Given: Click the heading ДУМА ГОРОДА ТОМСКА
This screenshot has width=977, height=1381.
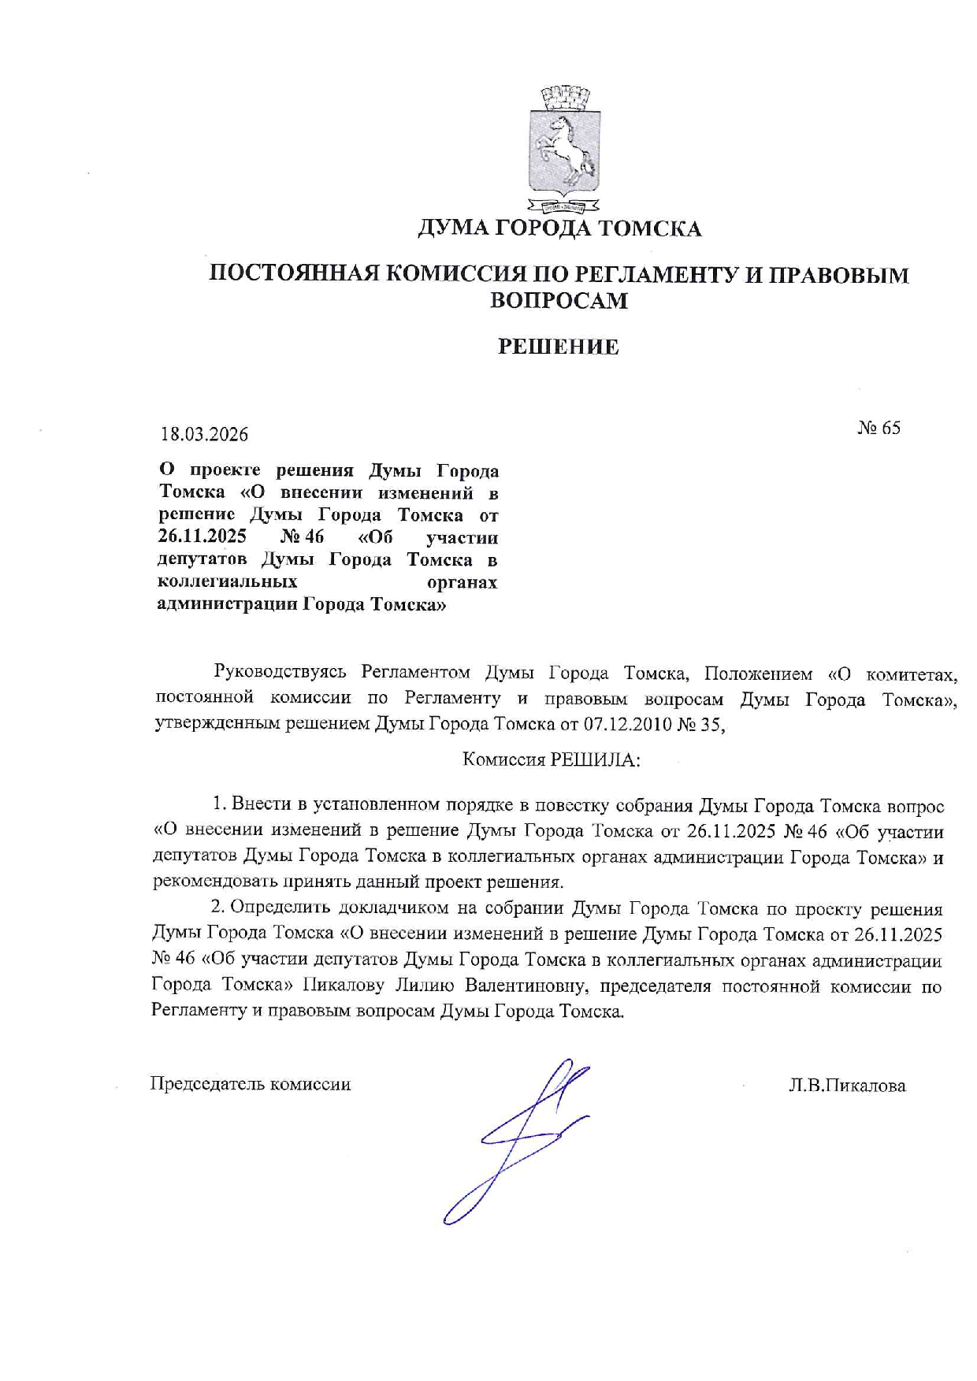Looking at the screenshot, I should pos(559,228).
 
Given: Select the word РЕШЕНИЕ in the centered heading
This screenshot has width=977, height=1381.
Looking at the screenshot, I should pos(559,347).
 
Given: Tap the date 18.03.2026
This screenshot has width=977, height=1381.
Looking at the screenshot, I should pos(204,434).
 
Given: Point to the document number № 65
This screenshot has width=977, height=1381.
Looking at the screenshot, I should pos(879,428).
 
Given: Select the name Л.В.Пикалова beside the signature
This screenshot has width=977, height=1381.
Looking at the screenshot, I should pos(848,1086).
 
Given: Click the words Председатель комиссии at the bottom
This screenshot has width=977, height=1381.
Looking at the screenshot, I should pos(251,1084).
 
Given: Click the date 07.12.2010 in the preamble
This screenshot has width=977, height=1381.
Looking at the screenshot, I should pos(627,724).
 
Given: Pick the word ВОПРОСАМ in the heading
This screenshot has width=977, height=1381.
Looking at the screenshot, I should pos(559,301).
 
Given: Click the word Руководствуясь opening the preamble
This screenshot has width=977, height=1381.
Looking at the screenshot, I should pos(280,673).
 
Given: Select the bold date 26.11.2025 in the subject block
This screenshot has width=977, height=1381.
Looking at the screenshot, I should pos(202,538).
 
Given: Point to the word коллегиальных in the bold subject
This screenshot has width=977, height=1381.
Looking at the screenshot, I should pos(228,582).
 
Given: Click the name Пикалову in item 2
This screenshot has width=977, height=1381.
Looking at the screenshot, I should pos(344,986).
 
